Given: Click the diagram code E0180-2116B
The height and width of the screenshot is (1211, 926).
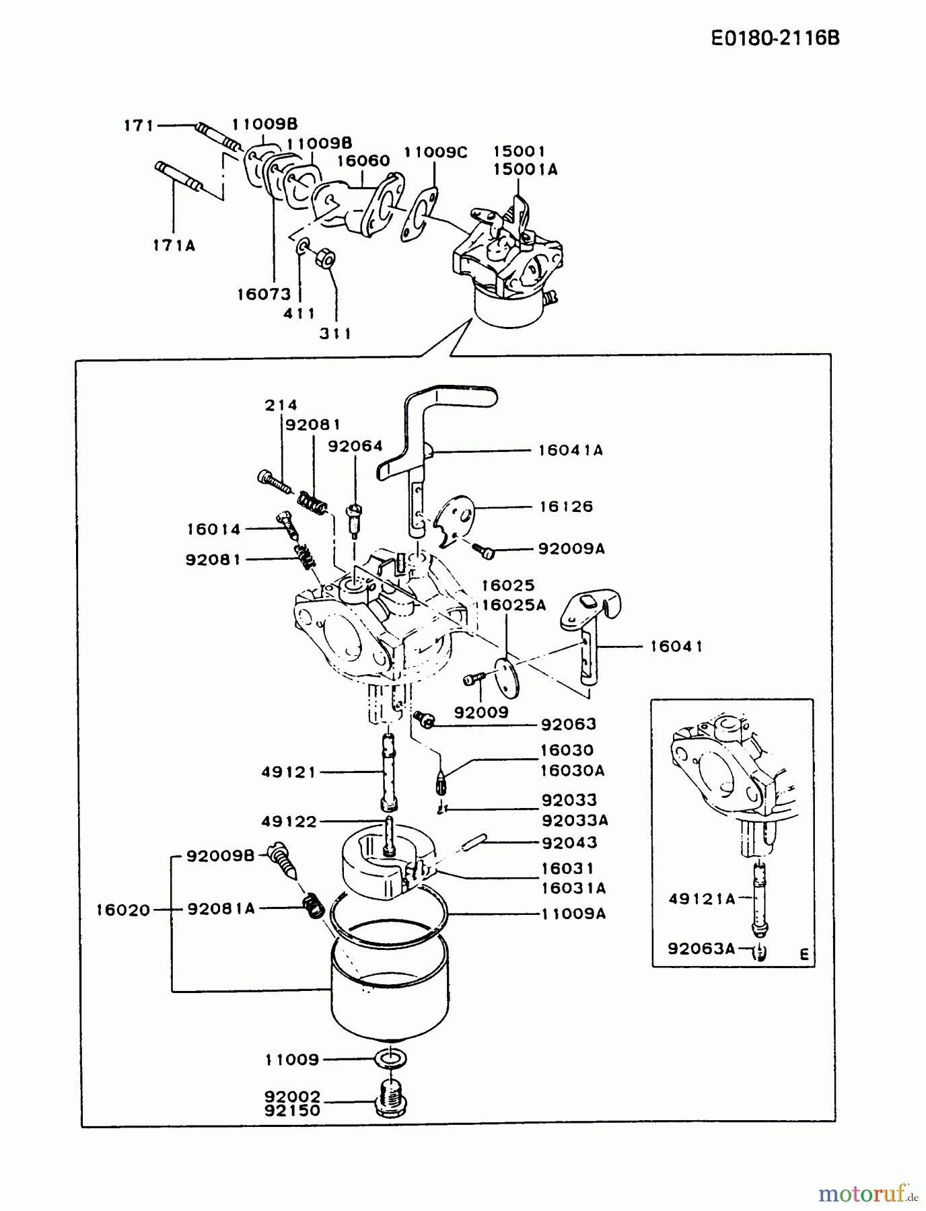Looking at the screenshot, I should coord(775,37).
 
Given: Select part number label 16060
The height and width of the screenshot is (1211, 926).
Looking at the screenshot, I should coord(363,161).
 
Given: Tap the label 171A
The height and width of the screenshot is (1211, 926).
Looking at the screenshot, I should coord(174,246).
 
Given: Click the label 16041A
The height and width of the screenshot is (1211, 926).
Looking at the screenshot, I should coord(570,450).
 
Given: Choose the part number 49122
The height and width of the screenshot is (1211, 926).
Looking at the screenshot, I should coord(289,821).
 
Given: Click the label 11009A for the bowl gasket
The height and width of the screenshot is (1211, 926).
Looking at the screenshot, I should coord(573,914).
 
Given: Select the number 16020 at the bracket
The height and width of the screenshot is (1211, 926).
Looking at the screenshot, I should coord(122,910).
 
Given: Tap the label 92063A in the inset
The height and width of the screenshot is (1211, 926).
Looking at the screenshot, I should coord(701,949).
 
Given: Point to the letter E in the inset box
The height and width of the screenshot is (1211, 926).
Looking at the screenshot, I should coord(804,954).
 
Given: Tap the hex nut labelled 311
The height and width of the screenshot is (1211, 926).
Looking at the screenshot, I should coord(326,258).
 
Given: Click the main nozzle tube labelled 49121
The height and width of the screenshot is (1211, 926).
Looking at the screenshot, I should coord(389,774).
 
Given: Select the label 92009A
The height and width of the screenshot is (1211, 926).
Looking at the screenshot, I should coord(571,549).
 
